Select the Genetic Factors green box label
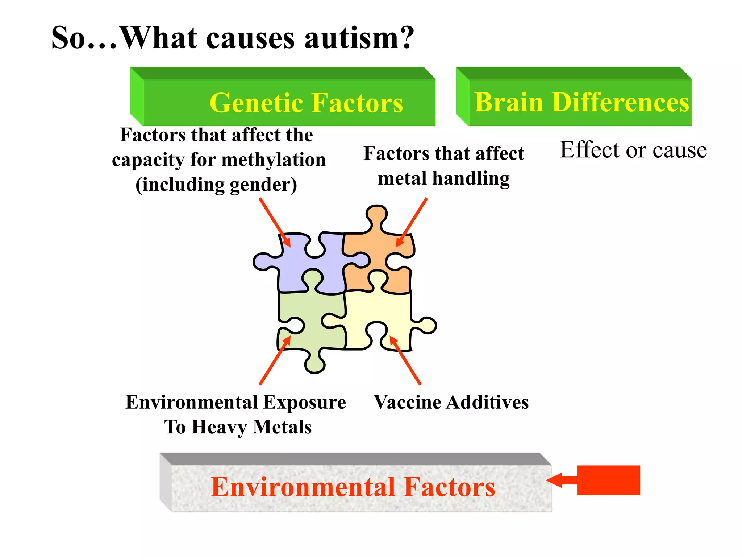coord(306,103)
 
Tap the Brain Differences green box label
coord(581,102)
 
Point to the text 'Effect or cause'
coord(633,150)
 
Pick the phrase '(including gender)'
coord(216,185)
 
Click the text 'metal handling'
coord(444,178)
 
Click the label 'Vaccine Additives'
coord(451,402)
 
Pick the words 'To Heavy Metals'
coord(238,427)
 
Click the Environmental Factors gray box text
coord(353,487)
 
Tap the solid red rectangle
coord(608,480)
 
